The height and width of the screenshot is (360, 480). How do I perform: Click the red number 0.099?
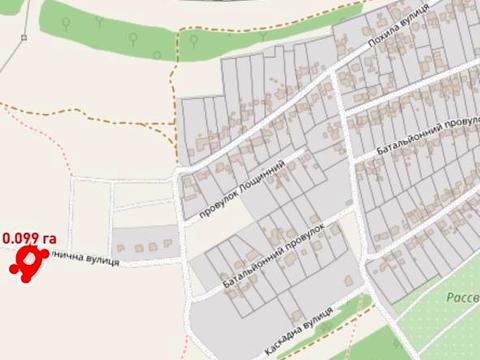[x=22, y=238]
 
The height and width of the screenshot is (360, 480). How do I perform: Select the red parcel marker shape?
[x=28, y=261]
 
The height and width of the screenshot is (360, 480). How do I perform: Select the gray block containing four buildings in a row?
[x=144, y=242]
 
